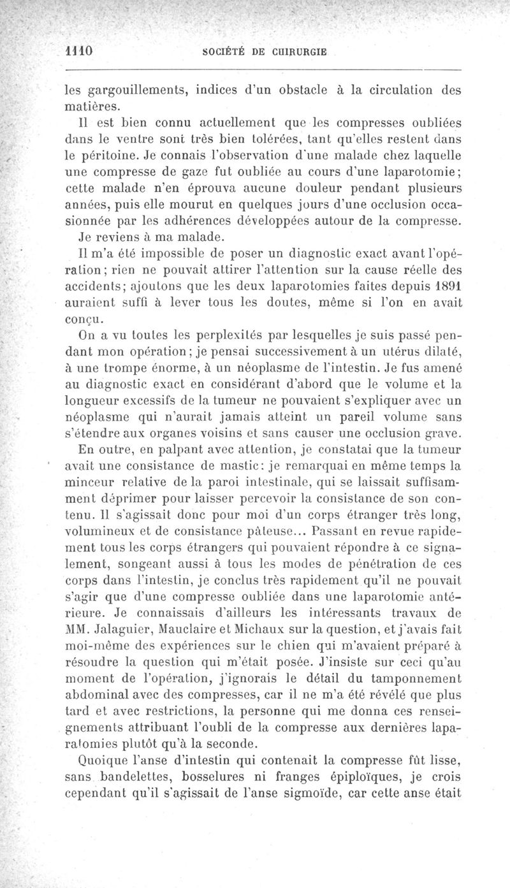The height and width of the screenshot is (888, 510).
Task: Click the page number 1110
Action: [x=80, y=52]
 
